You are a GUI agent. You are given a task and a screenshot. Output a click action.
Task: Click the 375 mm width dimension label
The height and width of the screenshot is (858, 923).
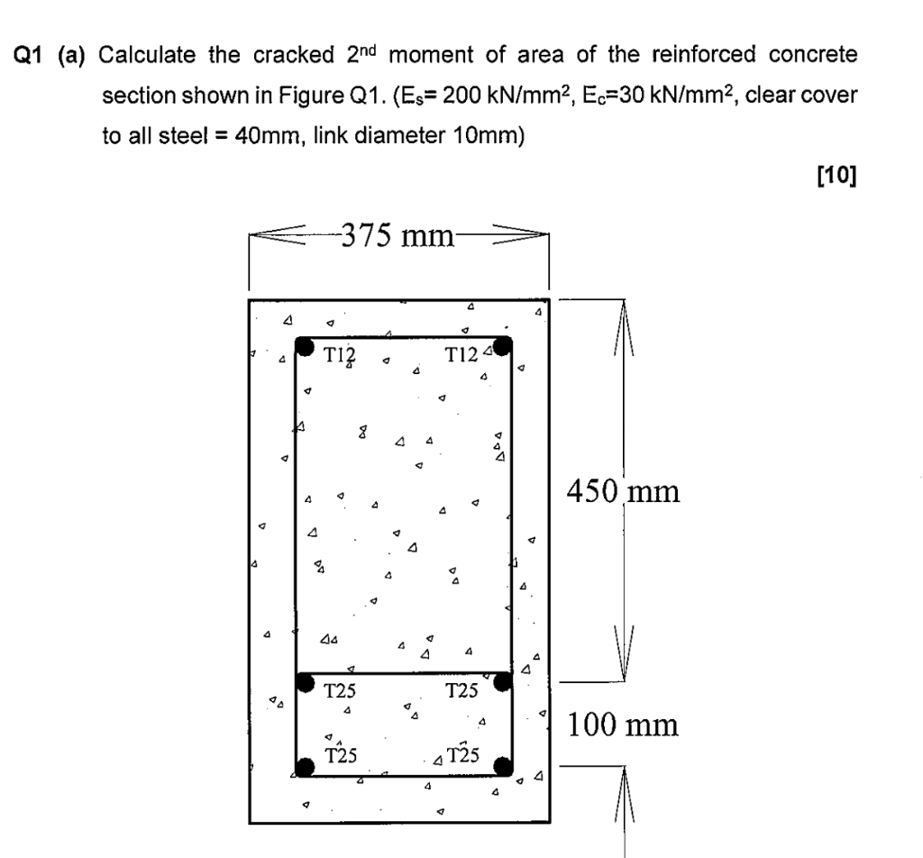click(x=398, y=237)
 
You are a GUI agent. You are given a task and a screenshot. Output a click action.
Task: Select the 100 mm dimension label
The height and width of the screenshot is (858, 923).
click(x=622, y=724)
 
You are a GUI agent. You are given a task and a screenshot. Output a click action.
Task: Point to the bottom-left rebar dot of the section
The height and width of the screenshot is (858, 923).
click(x=306, y=767)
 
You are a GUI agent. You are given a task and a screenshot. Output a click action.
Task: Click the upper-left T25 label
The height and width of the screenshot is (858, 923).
click(x=340, y=692)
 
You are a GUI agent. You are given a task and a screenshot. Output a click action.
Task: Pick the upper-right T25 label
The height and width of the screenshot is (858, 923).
click(x=462, y=692)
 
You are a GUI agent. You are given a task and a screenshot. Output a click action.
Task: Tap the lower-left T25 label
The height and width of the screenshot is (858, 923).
click(x=340, y=755)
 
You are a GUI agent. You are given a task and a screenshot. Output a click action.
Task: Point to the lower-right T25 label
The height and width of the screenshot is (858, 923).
click(x=462, y=755)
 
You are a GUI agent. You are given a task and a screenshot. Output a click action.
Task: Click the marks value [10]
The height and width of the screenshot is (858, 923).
click(x=836, y=175)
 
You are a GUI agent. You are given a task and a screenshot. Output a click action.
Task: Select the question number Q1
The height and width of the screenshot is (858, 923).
click(x=32, y=55)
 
